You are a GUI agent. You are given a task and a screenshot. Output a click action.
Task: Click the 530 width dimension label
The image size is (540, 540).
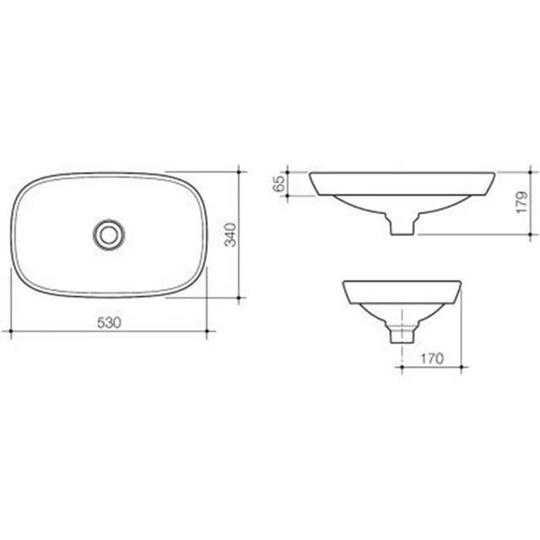(x=109, y=322)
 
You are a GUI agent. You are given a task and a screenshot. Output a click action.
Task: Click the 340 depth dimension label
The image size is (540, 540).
(x=230, y=235)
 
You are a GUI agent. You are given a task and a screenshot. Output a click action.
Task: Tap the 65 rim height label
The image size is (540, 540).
(x=278, y=184)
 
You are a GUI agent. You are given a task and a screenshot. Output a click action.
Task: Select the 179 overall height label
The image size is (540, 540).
(x=521, y=202)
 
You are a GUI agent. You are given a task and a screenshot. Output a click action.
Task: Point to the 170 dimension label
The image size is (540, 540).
(x=432, y=359)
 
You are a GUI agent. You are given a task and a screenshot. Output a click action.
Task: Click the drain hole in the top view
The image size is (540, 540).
(x=109, y=235)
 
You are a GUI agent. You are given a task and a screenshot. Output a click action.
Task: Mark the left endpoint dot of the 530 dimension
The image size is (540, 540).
(x=11, y=331)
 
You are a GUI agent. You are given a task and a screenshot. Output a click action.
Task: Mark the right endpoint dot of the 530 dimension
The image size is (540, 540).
(x=207, y=331)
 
